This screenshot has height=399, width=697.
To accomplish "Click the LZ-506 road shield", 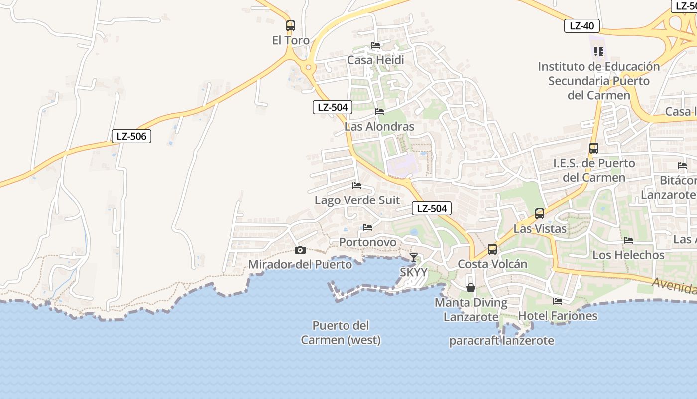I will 131,136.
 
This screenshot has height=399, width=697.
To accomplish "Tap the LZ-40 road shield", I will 581,26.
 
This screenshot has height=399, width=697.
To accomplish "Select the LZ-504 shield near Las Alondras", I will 333,107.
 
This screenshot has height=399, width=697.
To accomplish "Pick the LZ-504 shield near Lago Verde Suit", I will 431,208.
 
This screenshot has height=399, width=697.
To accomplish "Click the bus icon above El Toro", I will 291,25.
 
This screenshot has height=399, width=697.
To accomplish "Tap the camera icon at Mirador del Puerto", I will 300,250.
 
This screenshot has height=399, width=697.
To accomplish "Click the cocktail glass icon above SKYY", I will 413,258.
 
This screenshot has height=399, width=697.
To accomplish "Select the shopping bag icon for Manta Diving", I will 470,288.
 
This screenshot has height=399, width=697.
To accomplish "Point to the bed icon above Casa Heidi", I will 375,45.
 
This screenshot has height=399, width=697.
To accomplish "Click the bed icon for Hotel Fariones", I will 558,301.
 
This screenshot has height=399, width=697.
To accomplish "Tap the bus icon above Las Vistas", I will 539,214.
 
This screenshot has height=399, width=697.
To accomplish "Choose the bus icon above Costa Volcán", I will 492,249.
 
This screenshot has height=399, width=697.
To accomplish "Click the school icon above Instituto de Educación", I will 598,51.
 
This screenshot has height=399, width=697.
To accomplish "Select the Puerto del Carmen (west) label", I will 341,333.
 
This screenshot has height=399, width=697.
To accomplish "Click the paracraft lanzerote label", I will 501,341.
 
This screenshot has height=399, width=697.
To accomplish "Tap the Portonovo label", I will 367,242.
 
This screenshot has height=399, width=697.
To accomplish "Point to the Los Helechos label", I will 628,255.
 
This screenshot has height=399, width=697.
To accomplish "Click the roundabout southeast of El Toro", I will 309,67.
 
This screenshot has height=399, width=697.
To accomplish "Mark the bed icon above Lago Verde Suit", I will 356,186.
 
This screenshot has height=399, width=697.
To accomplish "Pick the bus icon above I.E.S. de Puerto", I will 593,148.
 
